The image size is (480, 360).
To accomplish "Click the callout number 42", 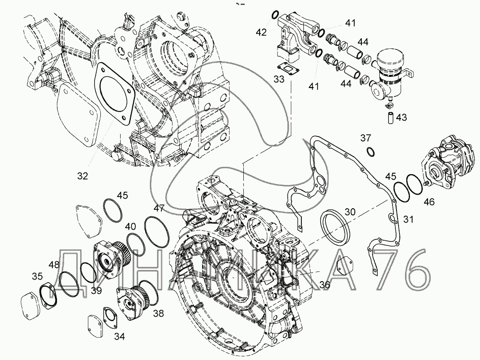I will point(261,33).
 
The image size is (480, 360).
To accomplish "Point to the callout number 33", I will point(278,79).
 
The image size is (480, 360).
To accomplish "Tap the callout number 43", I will point(402,118).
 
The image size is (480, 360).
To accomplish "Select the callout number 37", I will point(366,137).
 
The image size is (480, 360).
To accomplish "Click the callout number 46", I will point(430,202).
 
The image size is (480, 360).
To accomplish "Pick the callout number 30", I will point(350,211).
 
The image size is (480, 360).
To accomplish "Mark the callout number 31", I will point(408,219).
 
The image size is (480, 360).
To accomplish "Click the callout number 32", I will point(82,176).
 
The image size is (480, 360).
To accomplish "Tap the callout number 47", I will point(159,208).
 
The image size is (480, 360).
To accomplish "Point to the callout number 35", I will point(38,276).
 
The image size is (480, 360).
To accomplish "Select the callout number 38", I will point(159,314).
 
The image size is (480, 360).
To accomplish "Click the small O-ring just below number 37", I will point(371,151).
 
